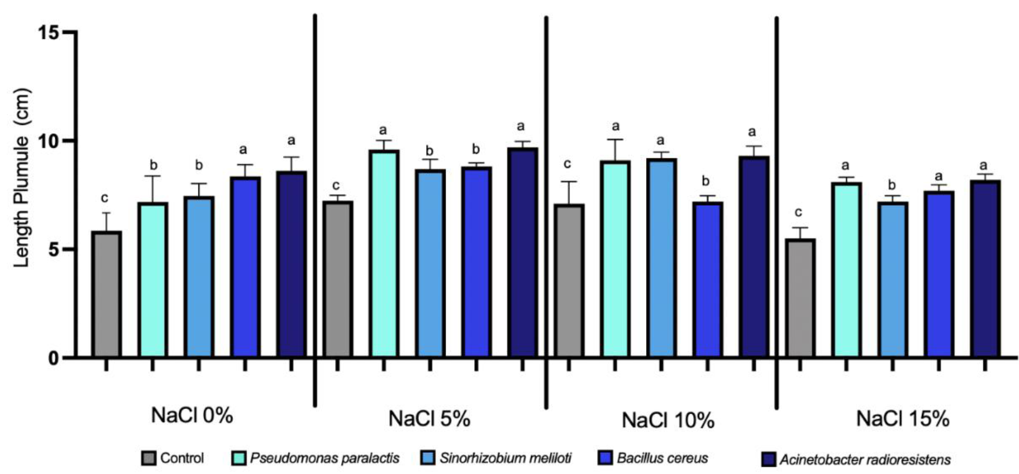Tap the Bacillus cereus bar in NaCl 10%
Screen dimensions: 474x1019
(x=707, y=280)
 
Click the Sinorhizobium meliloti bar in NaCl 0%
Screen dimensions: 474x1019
(x=199, y=277)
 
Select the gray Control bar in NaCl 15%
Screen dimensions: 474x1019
(x=800, y=298)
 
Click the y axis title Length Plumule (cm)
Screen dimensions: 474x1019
(x=22, y=178)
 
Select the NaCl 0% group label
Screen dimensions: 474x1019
(x=192, y=415)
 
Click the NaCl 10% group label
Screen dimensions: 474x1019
(x=668, y=420)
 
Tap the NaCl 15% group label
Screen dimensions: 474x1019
(x=903, y=419)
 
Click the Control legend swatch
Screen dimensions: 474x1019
(x=149, y=458)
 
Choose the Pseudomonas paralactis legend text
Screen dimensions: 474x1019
(x=324, y=458)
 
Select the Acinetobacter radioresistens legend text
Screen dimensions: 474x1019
(x=865, y=460)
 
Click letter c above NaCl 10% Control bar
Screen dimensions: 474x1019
(x=567, y=164)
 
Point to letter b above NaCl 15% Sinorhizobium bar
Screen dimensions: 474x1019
(x=893, y=185)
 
